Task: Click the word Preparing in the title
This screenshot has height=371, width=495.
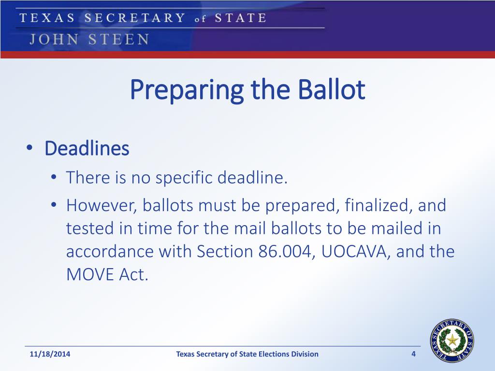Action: click(x=187, y=91)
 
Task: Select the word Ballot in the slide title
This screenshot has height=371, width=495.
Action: click(x=332, y=89)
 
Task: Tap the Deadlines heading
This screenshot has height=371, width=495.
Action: click(x=87, y=148)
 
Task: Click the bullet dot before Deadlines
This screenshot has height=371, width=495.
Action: click(x=29, y=148)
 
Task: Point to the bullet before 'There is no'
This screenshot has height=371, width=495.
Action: click(x=54, y=177)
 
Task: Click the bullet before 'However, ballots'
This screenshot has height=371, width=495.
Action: click(x=54, y=205)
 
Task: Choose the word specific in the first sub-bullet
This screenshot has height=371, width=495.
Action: click(x=184, y=178)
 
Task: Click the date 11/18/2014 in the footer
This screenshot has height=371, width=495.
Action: click(x=50, y=354)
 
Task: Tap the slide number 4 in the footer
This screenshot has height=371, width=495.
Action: click(x=414, y=354)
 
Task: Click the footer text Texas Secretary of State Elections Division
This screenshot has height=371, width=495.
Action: click(x=247, y=354)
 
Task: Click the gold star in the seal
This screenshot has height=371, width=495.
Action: click(x=452, y=340)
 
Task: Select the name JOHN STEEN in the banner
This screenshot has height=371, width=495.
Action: click(x=89, y=40)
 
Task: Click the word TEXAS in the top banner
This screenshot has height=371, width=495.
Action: click(x=47, y=18)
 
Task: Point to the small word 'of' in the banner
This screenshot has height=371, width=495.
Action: click(x=200, y=19)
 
